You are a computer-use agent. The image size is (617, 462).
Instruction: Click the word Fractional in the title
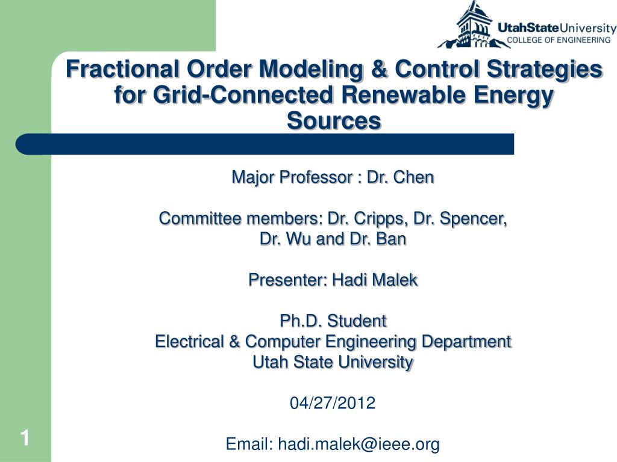(122, 69)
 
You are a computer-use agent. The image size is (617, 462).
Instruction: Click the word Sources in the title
(334, 120)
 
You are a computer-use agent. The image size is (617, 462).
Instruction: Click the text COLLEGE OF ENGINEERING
(559, 40)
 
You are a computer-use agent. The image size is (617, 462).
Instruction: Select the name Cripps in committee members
(380, 218)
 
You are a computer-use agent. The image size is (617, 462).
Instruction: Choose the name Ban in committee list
(391, 239)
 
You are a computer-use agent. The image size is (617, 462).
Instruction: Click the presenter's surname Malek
(395, 280)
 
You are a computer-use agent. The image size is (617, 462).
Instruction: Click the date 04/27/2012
(333, 403)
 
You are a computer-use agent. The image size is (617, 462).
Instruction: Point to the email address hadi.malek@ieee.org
(359, 444)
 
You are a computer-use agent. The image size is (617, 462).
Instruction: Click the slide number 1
(25, 438)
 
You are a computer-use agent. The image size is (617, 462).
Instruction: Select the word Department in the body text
(466, 342)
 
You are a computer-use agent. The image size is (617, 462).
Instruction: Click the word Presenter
(288, 280)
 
